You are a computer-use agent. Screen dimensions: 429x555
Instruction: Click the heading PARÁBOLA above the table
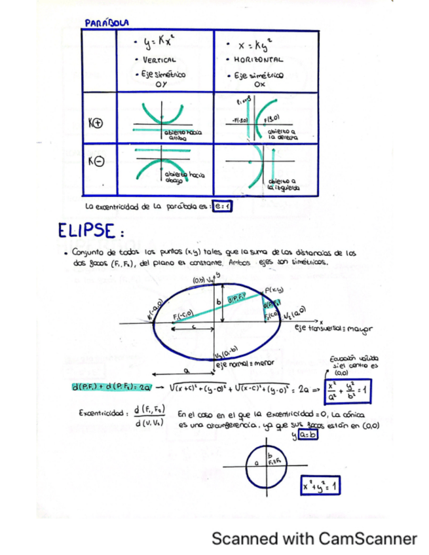(107, 23)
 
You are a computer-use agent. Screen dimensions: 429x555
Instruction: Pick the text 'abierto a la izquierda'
(283, 184)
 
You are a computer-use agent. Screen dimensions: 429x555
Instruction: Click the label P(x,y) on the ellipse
(273, 289)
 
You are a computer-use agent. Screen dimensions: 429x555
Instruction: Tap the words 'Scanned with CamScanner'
(314, 538)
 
